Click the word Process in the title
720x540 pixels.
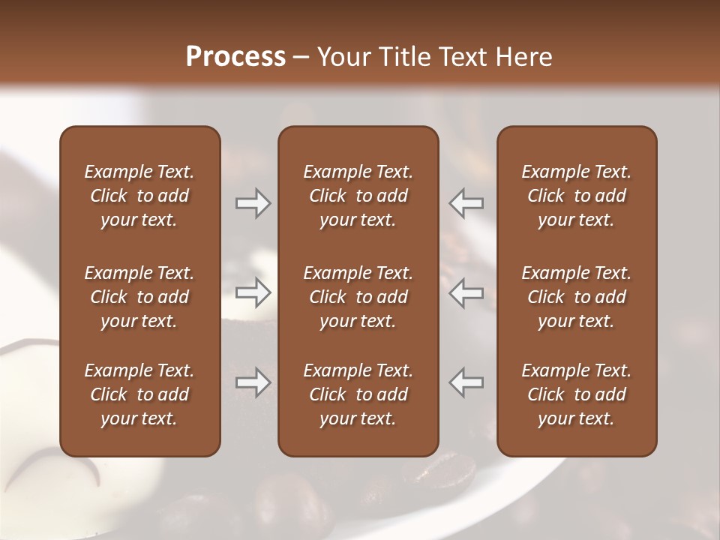coord(235,57)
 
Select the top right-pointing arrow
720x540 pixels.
coord(253,203)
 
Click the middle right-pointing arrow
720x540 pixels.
coord(253,292)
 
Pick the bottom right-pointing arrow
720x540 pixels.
coord(253,382)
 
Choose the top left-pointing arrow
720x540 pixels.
coord(466,203)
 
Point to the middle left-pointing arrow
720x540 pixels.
coord(466,292)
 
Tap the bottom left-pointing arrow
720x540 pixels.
coord(466,382)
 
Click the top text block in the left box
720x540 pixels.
coord(139,196)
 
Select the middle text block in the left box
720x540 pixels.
coord(139,297)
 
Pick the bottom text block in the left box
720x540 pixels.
coord(139,394)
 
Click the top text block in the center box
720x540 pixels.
coord(358,196)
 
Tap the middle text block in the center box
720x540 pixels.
coord(358,297)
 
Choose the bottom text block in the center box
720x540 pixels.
coord(358,394)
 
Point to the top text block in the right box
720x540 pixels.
coord(577,196)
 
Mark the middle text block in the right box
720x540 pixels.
coord(577,297)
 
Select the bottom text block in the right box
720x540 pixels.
coord(577,394)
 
